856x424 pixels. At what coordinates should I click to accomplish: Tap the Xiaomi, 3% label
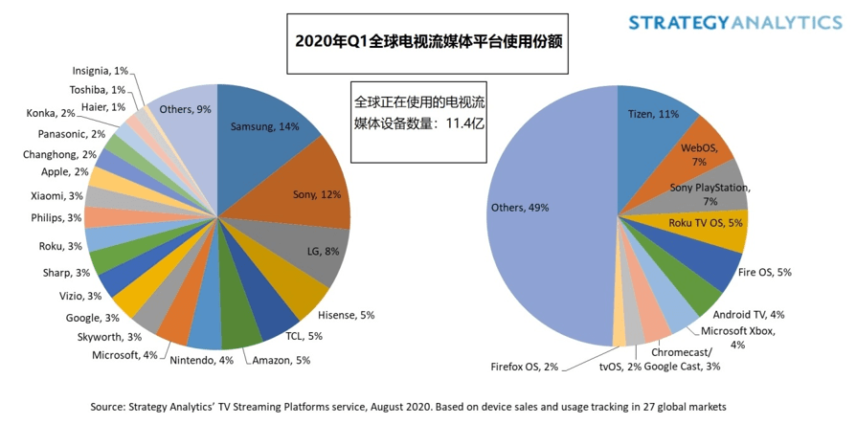58,195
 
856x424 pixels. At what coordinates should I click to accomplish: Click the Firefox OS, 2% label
525,366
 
